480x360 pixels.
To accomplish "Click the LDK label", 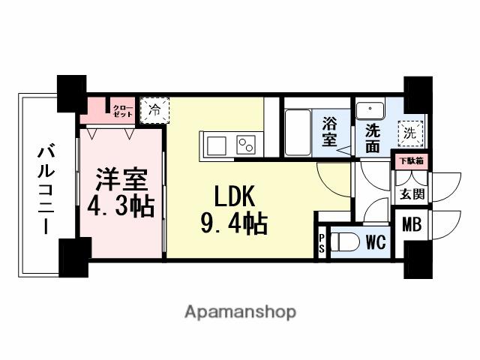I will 235,196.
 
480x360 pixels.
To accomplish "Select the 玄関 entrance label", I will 411,194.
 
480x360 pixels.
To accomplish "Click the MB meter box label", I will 411,223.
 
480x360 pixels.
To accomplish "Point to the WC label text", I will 376,244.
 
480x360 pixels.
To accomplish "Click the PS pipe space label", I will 322,244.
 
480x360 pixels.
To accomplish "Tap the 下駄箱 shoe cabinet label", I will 411,160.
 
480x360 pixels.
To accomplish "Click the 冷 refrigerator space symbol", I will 154,110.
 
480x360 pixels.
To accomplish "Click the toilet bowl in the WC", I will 344,244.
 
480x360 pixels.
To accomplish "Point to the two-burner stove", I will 245,144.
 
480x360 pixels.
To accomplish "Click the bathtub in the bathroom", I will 299,132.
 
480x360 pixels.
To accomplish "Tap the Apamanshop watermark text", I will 240,311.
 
